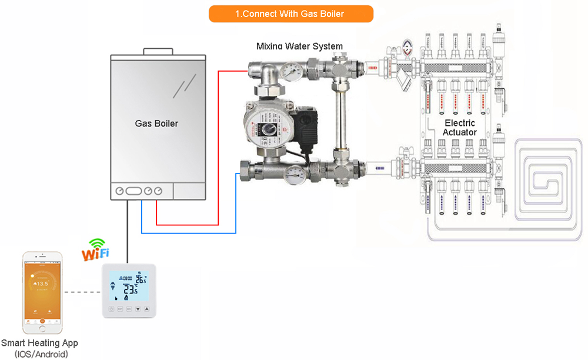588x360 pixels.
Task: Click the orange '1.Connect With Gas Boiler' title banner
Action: click(291, 14)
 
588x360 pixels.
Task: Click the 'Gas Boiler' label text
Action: click(156, 124)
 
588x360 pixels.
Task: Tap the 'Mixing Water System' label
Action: click(299, 46)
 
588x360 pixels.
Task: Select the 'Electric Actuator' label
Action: click(460, 128)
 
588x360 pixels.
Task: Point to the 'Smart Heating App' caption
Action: click(39, 343)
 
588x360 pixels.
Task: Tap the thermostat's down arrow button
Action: click(138, 308)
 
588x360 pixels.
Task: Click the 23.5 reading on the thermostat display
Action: click(130, 289)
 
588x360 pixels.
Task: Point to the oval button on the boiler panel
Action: click(134, 191)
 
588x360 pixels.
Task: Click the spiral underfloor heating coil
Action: click(549, 176)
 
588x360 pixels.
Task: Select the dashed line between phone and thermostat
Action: click(82, 292)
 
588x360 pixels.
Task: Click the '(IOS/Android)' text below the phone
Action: click(39, 354)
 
